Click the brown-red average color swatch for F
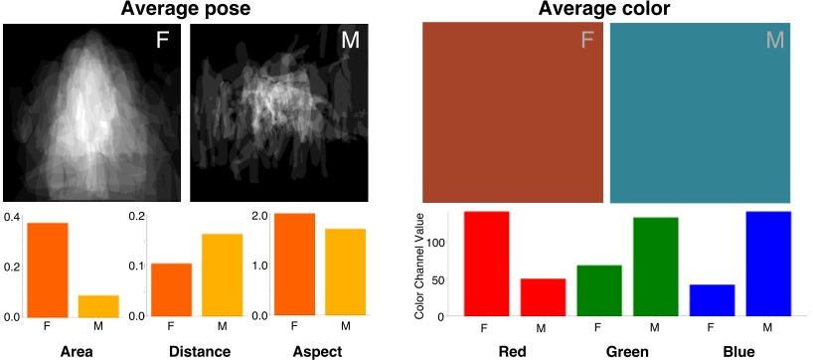(x=512, y=112)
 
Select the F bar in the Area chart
(x=47, y=270)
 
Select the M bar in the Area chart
(x=98, y=305)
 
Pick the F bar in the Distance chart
(x=171, y=289)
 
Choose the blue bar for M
(x=769, y=264)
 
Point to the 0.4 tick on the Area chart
(x=11, y=217)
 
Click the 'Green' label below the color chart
(x=627, y=352)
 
